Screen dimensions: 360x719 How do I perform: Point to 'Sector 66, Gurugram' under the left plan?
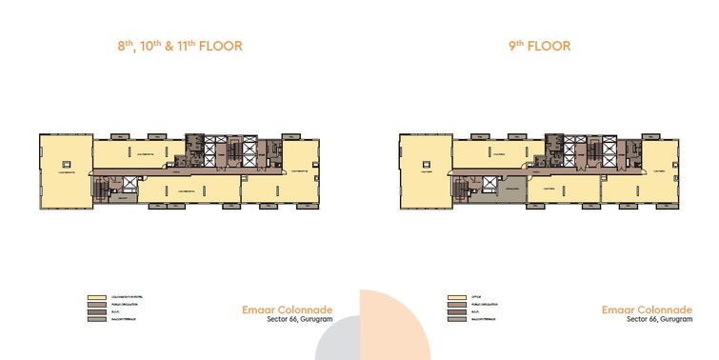click(x=293, y=320)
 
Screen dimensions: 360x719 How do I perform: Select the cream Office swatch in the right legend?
click(x=454, y=296)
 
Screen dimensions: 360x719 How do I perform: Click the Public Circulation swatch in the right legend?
click(x=454, y=304)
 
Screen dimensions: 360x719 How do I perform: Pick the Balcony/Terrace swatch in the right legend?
click(x=454, y=319)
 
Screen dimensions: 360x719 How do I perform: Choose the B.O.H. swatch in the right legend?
click(x=454, y=311)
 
